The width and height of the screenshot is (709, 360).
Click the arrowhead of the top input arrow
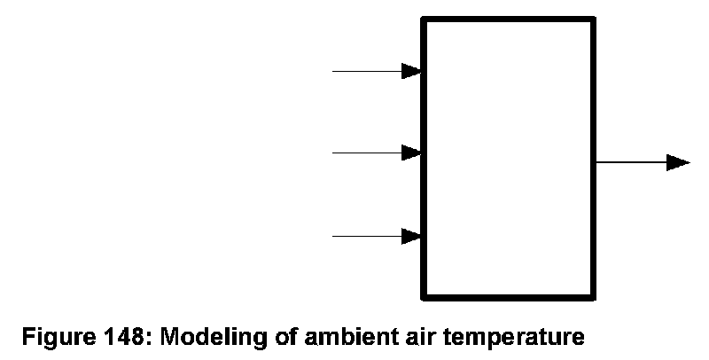click(411, 71)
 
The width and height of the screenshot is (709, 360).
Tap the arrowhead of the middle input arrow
click(411, 153)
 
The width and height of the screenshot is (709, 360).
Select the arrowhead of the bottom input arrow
click(411, 236)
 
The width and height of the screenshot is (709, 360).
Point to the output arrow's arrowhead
click(678, 162)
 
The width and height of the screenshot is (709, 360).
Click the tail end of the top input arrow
click(333, 71)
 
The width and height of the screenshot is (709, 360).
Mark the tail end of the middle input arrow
click(333, 153)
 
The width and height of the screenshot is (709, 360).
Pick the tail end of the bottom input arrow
click(333, 236)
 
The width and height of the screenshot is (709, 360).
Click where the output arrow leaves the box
click(596, 162)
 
